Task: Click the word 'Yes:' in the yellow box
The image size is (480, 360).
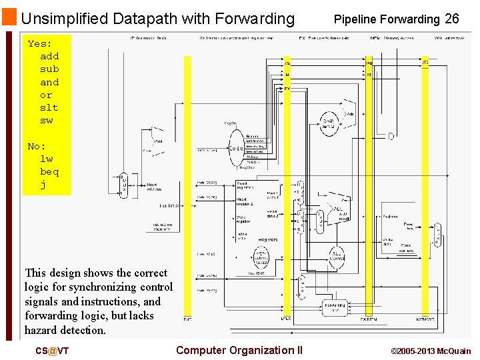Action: (x=39, y=43)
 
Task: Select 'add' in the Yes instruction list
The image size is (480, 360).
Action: (x=49, y=56)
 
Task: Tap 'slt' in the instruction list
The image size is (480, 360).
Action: (x=49, y=107)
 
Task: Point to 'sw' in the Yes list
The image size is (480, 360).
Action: (x=46, y=120)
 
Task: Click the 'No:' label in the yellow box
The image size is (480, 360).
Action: (x=37, y=146)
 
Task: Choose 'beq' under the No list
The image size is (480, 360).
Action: (x=49, y=171)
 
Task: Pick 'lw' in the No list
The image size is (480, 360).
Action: (x=46, y=159)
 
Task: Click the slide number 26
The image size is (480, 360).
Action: (x=452, y=19)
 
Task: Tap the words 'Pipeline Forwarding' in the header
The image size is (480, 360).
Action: (x=387, y=19)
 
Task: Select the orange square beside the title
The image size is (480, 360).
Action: (x=9, y=17)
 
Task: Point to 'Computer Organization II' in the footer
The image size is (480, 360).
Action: (x=239, y=350)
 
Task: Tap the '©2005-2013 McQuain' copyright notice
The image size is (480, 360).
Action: (x=431, y=351)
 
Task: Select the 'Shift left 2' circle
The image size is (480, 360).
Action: (x=329, y=123)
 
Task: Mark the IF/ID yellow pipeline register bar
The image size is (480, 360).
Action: (x=187, y=187)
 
